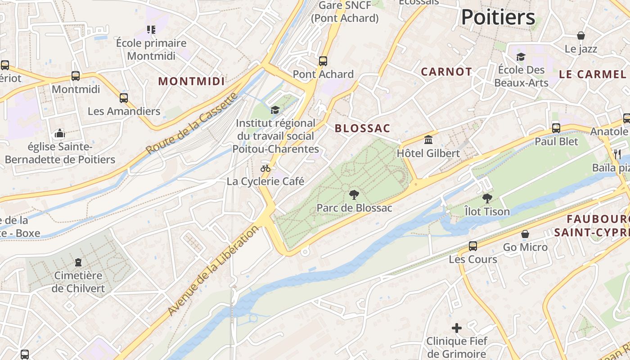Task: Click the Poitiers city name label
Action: click(498, 18)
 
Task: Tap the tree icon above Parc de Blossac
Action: click(354, 195)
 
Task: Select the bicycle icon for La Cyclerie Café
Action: click(265, 168)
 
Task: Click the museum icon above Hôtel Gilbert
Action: click(428, 139)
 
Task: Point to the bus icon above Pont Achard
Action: click(323, 61)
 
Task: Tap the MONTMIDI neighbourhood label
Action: click(191, 81)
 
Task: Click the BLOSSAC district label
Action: click(362, 128)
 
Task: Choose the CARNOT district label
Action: click(446, 72)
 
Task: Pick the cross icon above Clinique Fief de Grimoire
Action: click(457, 328)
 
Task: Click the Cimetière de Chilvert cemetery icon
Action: click(78, 262)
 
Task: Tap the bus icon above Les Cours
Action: click(473, 246)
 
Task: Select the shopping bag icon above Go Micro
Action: click(525, 234)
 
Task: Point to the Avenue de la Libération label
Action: click(213, 270)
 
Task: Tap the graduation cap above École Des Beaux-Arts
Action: click(521, 57)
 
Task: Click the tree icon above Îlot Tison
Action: click(487, 198)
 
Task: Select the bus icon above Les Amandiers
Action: click(124, 98)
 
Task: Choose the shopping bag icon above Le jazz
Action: click(581, 36)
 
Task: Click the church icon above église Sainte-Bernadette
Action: click(59, 133)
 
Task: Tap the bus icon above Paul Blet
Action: click(556, 128)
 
